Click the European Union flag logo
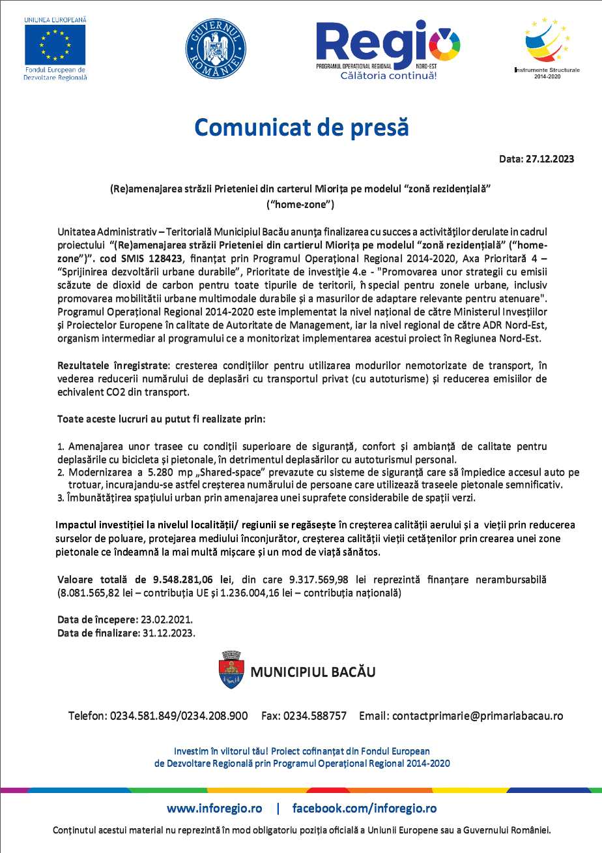[55, 44]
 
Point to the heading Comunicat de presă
[301, 127]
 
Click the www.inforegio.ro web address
[214, 808]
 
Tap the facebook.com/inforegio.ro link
[364, 808]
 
